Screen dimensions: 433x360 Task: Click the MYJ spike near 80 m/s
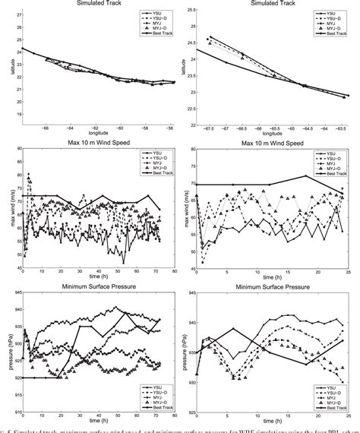tap(29, 175)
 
